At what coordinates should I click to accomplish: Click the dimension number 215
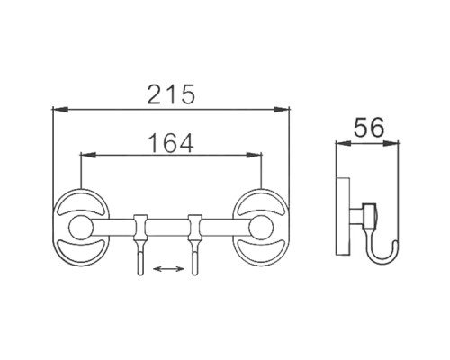[x=171, y=93]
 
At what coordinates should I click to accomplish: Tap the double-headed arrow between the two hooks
[x=166, y=268]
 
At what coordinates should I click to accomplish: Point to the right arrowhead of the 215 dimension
[x=285, y=110]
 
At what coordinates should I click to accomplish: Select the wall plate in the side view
[x=340, y=221]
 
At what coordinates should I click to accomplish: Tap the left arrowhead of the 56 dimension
[x=339, y=143]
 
